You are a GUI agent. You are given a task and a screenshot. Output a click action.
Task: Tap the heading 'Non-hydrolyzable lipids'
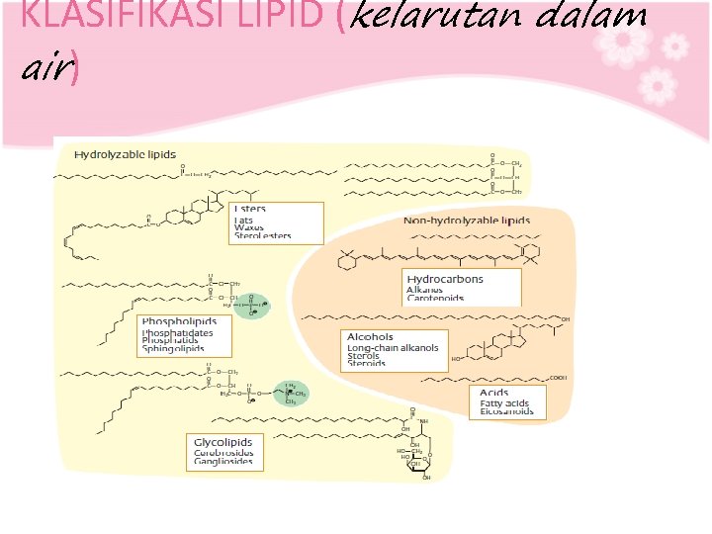467,221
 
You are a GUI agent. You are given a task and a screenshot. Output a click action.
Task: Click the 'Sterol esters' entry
262,237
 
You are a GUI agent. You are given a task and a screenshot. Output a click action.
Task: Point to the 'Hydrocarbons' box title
445,279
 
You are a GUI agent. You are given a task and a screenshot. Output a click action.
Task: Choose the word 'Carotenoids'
435,298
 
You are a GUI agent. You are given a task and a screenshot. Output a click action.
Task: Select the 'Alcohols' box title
370,337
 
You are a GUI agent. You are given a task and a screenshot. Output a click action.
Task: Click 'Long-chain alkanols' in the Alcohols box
393,348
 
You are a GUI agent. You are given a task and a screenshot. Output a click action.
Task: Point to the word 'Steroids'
367,364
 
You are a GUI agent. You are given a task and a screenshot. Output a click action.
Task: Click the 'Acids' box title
493,394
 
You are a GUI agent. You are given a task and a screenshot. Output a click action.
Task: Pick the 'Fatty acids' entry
504,403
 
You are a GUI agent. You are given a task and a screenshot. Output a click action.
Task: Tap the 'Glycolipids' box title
222,442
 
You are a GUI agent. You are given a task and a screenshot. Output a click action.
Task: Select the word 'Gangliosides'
222,461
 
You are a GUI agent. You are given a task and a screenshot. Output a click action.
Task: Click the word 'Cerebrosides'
223,452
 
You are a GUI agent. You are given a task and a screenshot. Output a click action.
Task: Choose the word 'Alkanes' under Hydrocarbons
426,289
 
